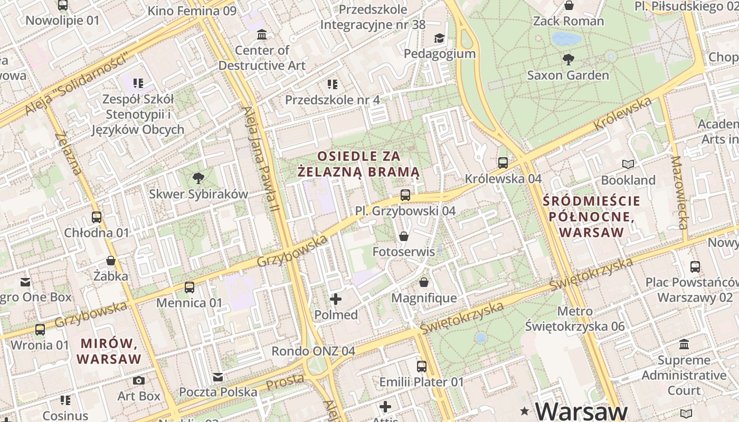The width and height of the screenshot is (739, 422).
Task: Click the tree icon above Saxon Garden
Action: tap(569, 59)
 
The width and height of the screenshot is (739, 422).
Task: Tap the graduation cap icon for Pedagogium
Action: tap(439, 38)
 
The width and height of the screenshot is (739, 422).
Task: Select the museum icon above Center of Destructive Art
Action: tap(261, 35)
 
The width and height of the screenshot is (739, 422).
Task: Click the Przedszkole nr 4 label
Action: tap(333, 100)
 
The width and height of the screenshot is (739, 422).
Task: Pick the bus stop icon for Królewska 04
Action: tap(503, 163)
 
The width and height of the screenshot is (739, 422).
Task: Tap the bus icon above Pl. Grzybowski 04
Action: tap(405, 195)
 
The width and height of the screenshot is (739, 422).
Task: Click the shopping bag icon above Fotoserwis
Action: tap(404, 236)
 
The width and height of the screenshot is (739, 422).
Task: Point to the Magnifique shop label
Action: tap(424, 298)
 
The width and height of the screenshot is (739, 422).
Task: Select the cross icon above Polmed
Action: tap(336, 299)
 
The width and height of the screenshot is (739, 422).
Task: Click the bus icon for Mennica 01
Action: tap(190, 287)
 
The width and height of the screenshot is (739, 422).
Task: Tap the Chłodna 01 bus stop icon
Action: tap(97, 217)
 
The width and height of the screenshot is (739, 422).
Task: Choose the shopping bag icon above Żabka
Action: tap(111, 261)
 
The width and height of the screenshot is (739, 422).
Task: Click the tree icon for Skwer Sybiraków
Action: tap(198, 178)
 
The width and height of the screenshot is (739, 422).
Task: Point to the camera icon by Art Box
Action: tap(139, 380)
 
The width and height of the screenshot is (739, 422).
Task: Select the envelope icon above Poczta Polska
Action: tap(218, 377)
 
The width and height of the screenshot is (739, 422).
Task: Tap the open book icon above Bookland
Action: tap(628, 165)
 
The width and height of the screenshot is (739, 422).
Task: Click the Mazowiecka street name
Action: tap(678, 193)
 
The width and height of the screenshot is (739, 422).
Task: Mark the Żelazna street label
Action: tap(68, 153)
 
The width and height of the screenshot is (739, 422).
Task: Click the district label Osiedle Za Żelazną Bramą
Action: tap(359, 164)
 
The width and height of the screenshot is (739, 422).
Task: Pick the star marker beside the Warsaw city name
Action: tap(525, 410)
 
